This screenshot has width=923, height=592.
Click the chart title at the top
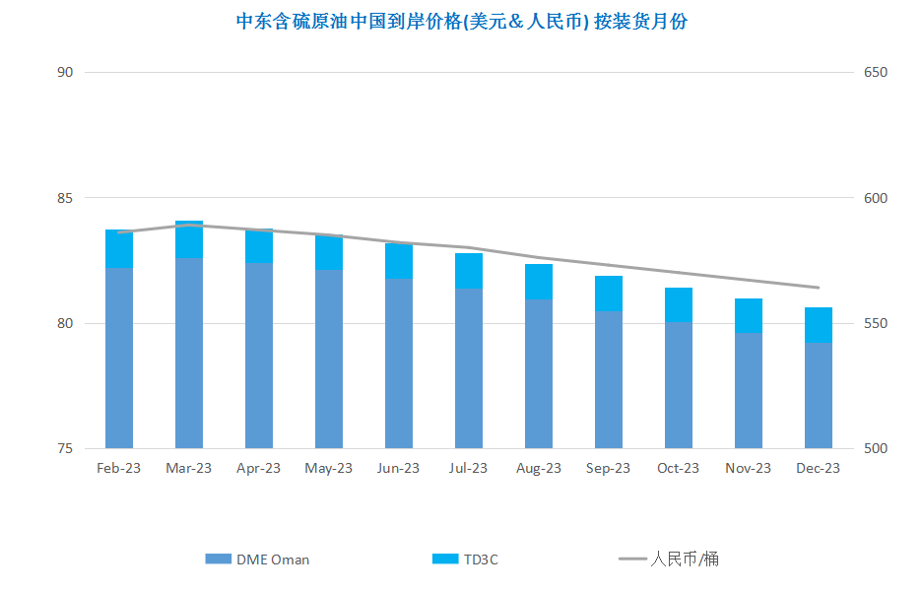(x=461, y=22)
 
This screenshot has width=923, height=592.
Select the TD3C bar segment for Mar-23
(x=189, y=239)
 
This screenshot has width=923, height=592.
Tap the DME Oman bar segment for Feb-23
(x=119, y=359)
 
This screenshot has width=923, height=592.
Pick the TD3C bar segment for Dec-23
(x=819, y=325)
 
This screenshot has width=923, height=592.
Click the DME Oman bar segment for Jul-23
(x=469, y=368)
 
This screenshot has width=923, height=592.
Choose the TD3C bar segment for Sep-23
(x=609, y=294)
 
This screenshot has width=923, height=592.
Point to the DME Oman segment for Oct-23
(x=679, y=385)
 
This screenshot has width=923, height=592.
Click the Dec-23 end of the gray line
(x=819, y=288)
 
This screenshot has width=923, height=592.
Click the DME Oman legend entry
(x=257, y=559)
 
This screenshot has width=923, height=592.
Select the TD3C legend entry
(x=465, y=559)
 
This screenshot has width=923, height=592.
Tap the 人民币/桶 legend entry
(x=669, y=559)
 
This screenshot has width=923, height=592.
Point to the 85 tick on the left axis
(x=65, y=198)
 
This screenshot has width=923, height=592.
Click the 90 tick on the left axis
(x=65, y=72)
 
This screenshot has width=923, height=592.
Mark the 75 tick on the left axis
(x=65, y=448)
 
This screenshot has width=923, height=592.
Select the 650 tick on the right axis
(x=876, y=72)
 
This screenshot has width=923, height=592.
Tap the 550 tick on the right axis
(x=876, y=323)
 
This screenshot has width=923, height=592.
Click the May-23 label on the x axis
(x=328, y=469)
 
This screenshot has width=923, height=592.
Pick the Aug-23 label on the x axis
(x=539, y=469)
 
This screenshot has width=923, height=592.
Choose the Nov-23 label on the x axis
(x=749, y=469)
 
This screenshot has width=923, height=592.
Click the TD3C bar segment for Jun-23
(x=399, y=261)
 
